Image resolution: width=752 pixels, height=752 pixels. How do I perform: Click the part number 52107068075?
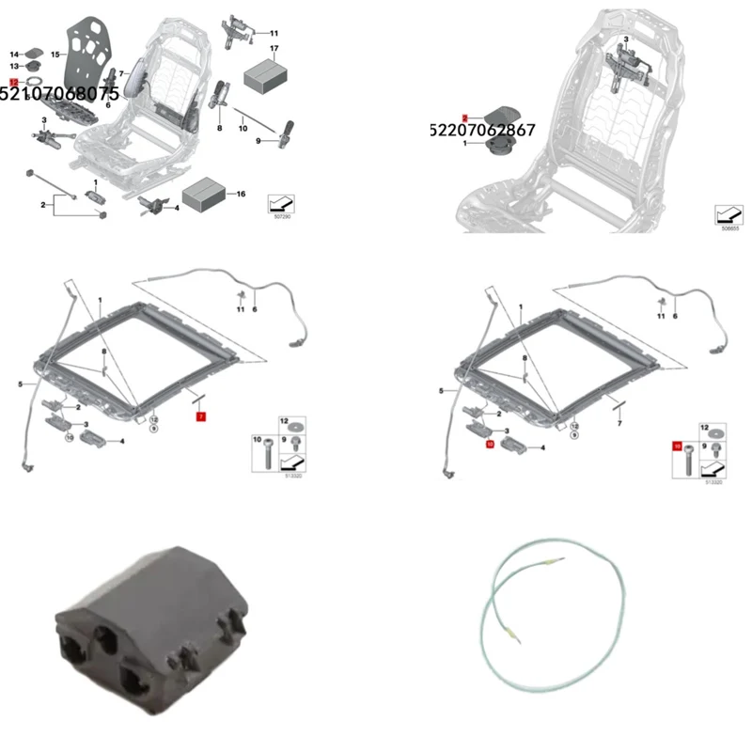[59, 95]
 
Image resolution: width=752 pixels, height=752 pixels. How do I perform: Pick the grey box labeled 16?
[204, 196]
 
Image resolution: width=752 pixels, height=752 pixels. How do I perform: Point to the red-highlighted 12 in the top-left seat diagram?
[14, 83]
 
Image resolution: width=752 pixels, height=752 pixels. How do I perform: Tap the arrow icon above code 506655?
[727, 212]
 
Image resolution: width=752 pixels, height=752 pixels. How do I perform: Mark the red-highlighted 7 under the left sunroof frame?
[199, 415]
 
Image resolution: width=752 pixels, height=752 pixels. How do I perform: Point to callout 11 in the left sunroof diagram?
[241, 309]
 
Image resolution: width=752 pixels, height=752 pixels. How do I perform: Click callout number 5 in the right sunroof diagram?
[440, 391]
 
